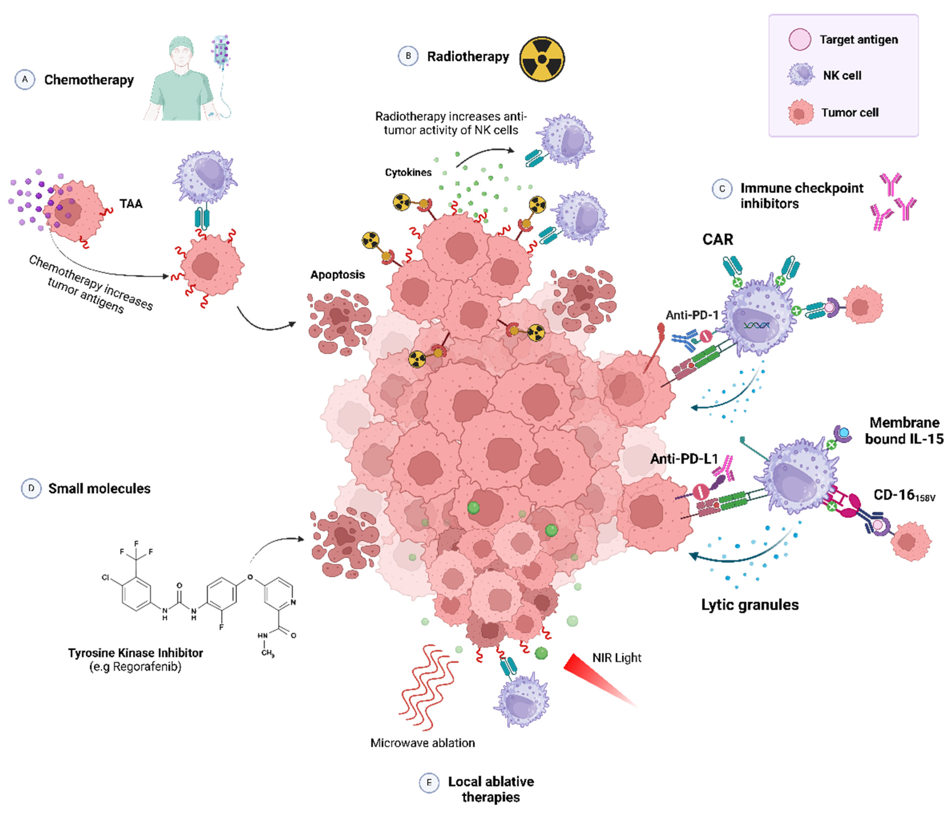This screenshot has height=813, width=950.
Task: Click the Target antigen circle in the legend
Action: (800, 39)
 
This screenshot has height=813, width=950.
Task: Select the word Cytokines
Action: (408, 172)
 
